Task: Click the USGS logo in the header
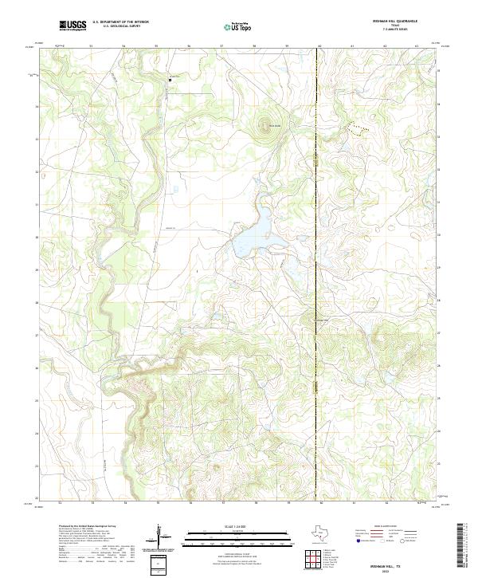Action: tap(73, 26)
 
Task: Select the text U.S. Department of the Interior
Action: tap(120, 23)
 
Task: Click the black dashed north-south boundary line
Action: tap(317, 239)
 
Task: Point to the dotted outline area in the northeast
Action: tap(358, 128)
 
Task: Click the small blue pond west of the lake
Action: tap(174, 189)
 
